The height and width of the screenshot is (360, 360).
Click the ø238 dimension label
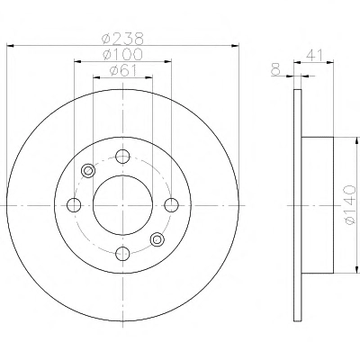(122, 39)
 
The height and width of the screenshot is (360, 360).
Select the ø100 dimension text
(122, 55)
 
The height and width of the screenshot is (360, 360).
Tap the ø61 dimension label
(123, 71)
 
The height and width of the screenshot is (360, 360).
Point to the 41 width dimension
(314, 56)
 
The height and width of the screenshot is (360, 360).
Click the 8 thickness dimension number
(275, 70)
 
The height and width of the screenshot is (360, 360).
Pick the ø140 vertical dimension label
(350, 205)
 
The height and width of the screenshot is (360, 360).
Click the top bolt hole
(122, 157)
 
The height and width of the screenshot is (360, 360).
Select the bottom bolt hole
(122, 254)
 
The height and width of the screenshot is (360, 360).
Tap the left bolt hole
(74, 205)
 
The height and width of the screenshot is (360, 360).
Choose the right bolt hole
(172, 205)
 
